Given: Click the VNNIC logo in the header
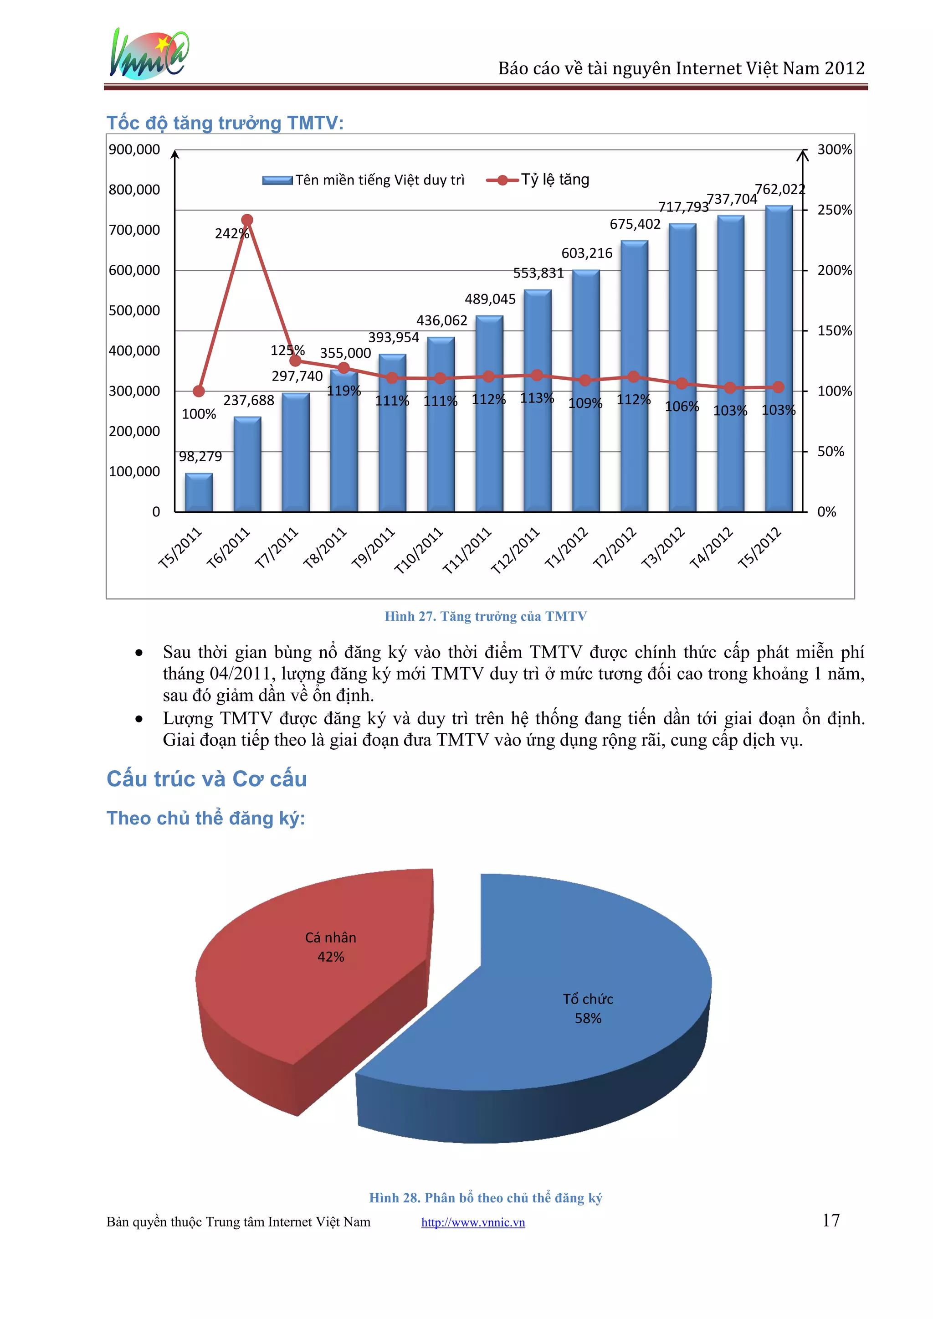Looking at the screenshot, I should [x=149, y=55].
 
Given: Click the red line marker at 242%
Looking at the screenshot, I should [x=247, y=220].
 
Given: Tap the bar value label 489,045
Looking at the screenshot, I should [x=490, y=299].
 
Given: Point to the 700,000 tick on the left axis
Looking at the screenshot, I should [x=134, y=230].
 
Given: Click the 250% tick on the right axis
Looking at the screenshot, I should [x=834, y=210].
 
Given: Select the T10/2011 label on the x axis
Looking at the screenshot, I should [x=419, y=550].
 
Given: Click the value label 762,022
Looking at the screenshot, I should [x=779, y=189].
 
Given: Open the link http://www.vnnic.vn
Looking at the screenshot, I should [x=473, y=1222].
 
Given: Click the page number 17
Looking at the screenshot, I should [x=831, y=1220].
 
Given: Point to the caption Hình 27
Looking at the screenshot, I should [x=486, y=617].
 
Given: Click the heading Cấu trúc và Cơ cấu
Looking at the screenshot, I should [x=207, y=779].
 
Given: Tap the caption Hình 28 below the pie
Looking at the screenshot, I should [x=486, y=1198].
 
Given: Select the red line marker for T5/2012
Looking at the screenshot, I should [x=779, y=387].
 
